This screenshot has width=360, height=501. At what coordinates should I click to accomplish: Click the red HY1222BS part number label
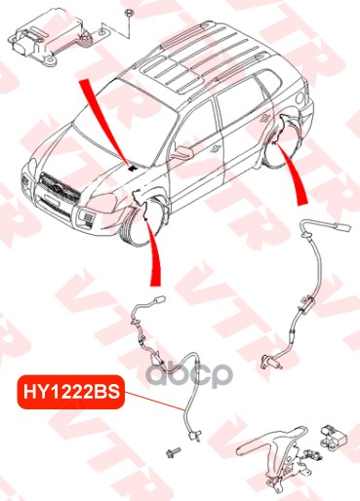(x=71, y=392)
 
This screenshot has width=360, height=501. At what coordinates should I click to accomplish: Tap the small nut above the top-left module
(x=128, y=14)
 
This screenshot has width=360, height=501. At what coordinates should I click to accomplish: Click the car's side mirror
(x=182, y=152)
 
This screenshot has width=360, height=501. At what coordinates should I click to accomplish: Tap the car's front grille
(x=60, y=188)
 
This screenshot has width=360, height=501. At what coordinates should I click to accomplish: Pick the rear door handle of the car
(x=263, y=118)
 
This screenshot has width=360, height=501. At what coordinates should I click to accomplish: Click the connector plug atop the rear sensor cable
(x=340, y=227)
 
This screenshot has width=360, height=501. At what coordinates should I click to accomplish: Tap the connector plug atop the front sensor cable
(x=160, y=299)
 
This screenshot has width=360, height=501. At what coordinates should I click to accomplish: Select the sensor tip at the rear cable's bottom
(x=270, y=363)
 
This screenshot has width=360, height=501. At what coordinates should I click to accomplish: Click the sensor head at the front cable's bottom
(x=195, y=435)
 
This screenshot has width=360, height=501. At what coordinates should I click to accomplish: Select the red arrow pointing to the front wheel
(x=154, y=254)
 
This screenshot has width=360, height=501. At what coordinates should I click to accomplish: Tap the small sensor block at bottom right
(x=333, y=438)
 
